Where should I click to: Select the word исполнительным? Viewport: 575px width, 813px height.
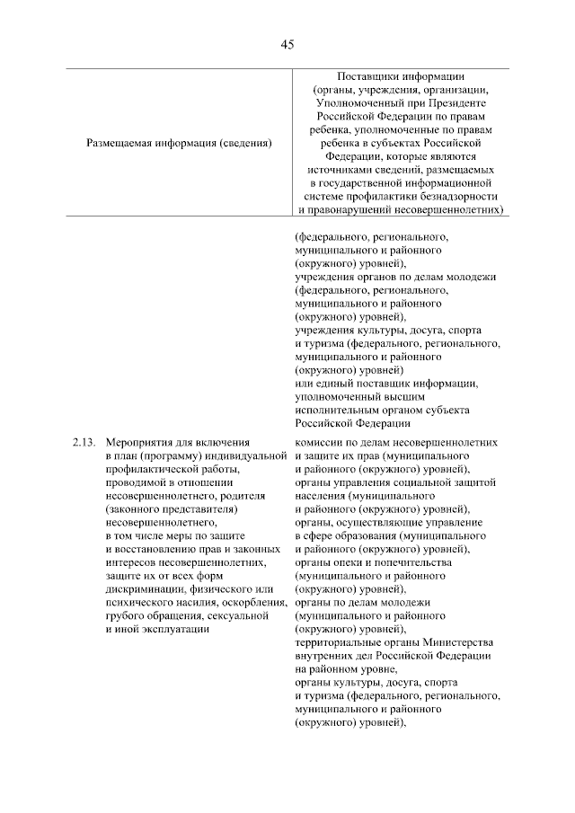point(339,410)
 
